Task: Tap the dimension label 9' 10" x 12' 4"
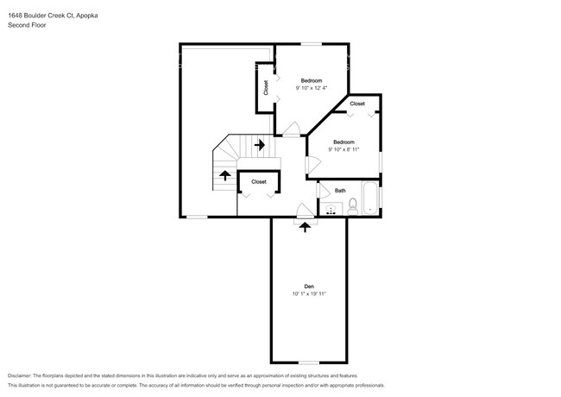click(x=311, y=88)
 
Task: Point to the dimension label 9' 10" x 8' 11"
click(x=344, y=149)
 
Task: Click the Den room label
click(x=308, y=287)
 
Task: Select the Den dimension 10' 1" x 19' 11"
click(x=308, y=294)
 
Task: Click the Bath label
click(x=340, y=191)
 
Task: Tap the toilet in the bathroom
click(x=352, y=206)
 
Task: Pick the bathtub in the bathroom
click(x=370, y=198)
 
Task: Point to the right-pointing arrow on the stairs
click(x=258, y=144)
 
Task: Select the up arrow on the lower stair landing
click(x=225, y=176)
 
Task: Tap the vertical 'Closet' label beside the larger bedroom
click(x=266, y=87)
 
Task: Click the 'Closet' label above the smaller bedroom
click(x=357, y=104)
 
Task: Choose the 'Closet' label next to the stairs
click(x=259, y=182)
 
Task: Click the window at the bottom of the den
click(x=309, y=362)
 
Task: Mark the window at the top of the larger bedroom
click(x=310, y=43)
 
